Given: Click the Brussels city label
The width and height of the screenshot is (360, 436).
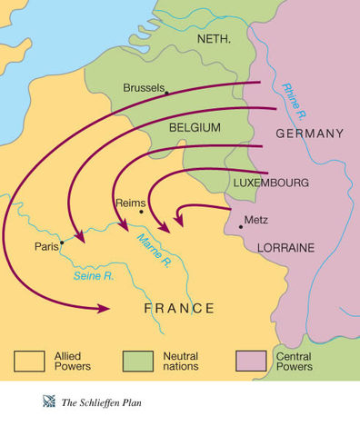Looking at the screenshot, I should (x=144, y=88).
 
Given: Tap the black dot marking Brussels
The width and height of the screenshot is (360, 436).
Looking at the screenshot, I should (x=167, y=92).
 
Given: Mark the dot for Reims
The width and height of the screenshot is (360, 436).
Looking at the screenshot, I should (x=141, y=213).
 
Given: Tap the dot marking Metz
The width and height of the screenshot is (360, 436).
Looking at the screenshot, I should (x=240, y=225).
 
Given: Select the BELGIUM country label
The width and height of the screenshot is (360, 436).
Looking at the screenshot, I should (x=195, y=129).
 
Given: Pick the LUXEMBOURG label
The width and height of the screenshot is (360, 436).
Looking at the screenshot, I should (x=271, y=183).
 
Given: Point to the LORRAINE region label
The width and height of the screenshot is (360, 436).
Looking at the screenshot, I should (x=285, y=247).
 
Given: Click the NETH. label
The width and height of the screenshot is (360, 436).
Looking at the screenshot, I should (x=215, y=40).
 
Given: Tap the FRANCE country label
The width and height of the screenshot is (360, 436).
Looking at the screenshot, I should (x=179, y=309).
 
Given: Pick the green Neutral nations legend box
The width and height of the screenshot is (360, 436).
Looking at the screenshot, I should (x=138, y=362).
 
